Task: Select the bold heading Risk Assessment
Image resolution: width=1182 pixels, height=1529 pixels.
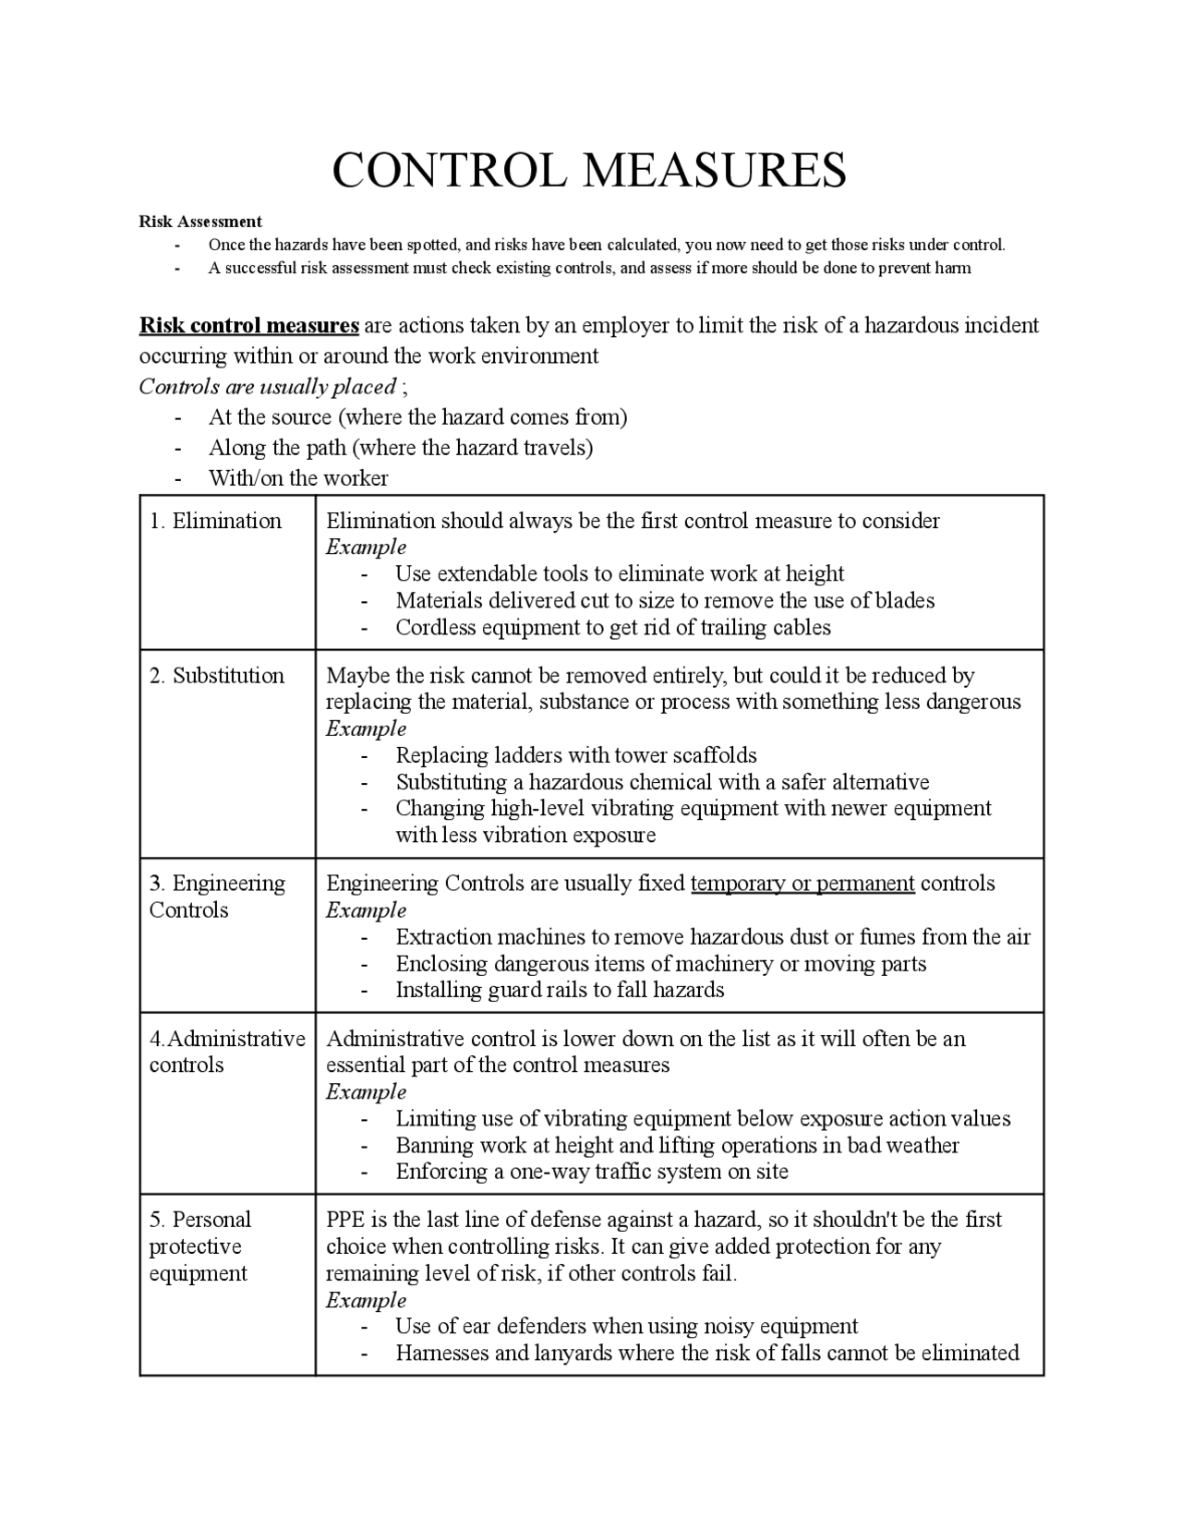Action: (200, 222)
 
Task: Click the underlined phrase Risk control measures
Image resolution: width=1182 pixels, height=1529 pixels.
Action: (248, 326)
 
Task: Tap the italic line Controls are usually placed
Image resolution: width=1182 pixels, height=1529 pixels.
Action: (268, 386)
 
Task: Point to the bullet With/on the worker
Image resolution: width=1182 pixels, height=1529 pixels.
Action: (298, 478)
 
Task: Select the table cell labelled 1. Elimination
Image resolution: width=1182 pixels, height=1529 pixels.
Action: (216, 521)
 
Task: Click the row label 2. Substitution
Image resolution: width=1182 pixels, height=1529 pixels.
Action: (217, 676)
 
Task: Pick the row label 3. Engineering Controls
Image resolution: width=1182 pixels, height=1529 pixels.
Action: (217, 897)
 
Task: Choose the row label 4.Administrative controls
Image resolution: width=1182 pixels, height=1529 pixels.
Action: (226, 1052)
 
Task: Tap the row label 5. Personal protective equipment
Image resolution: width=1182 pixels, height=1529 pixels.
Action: (199, 1246)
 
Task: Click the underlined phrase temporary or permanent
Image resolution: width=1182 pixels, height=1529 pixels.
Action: (802, 884)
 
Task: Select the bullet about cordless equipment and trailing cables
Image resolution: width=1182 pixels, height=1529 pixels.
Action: (613, 628)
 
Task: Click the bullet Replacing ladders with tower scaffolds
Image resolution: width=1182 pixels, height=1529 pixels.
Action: (576, 755)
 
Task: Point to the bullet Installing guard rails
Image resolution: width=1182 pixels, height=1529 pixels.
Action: (560, 991)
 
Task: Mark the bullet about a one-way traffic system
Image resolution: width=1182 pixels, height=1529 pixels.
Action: (592, 1173)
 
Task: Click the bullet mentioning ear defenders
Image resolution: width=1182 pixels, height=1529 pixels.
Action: (626, 1327)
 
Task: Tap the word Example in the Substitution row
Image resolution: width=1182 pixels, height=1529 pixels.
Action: (366, 728)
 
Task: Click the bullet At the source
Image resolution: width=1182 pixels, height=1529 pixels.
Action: (417, 417)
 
